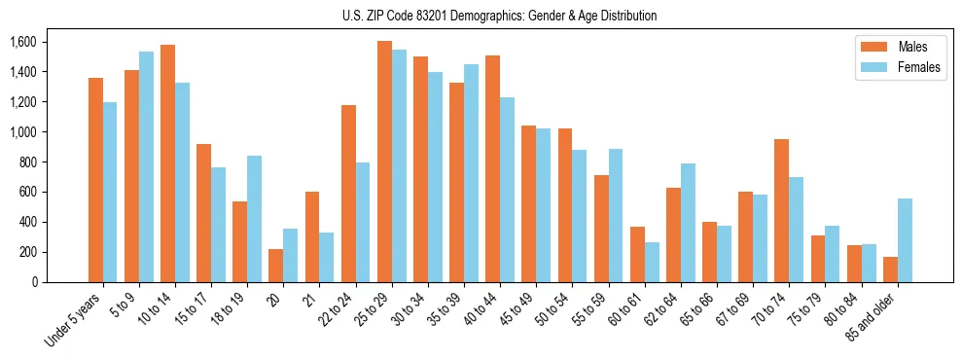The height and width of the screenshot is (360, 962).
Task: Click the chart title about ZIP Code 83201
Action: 500,16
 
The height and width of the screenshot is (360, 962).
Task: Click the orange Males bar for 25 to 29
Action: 384,162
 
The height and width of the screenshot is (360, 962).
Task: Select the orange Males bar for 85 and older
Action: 890,270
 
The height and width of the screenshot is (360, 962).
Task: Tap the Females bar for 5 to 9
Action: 146,166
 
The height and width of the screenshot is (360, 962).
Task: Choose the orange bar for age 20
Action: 276,266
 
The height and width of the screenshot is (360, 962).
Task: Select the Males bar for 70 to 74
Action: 781,210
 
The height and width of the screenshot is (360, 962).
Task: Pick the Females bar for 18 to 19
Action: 255,219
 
